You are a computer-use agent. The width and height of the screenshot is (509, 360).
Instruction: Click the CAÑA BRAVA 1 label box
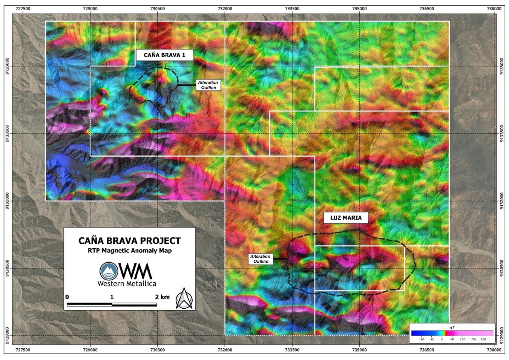(x=164, y=55)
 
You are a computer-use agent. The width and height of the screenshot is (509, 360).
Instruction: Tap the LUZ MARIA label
(x=346, y=218)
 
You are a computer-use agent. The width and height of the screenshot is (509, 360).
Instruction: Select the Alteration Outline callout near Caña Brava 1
(x=208, y=85)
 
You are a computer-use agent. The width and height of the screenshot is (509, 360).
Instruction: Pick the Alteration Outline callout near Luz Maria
(x=260, y=259)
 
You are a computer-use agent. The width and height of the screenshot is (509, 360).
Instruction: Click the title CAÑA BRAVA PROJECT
(x=129, y=241)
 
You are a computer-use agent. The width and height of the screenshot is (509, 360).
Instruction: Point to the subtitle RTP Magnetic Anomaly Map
(x=129, y=251)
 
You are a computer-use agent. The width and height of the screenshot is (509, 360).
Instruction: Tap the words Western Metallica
(x=127, y=283)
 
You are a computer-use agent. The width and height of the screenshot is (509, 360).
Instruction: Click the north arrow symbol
(x=184, y=298)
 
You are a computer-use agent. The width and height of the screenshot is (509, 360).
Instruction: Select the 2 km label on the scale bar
(x=162, y=297)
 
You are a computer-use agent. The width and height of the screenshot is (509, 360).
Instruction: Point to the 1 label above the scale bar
(x=112, y=297)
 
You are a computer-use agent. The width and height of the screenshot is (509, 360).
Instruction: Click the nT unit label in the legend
(x=452, y=327)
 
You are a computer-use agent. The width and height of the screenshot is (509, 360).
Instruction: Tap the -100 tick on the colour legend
(x=421, y=340)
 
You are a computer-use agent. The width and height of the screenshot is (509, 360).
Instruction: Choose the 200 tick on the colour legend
(x=483, y=340)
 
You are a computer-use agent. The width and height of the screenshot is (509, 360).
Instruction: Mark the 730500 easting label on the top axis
(x=158, y=9)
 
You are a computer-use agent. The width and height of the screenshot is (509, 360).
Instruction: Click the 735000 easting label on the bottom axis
(x=359, y=350)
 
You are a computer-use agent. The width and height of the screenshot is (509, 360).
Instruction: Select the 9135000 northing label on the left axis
(x=8, y=66)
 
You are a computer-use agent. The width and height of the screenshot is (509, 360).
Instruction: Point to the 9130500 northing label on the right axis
(x=501, y=268)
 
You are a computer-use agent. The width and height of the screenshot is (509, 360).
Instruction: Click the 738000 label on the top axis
(x=494, y=9)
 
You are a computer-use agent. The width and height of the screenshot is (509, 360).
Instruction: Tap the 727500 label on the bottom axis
(x=23, y=350)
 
